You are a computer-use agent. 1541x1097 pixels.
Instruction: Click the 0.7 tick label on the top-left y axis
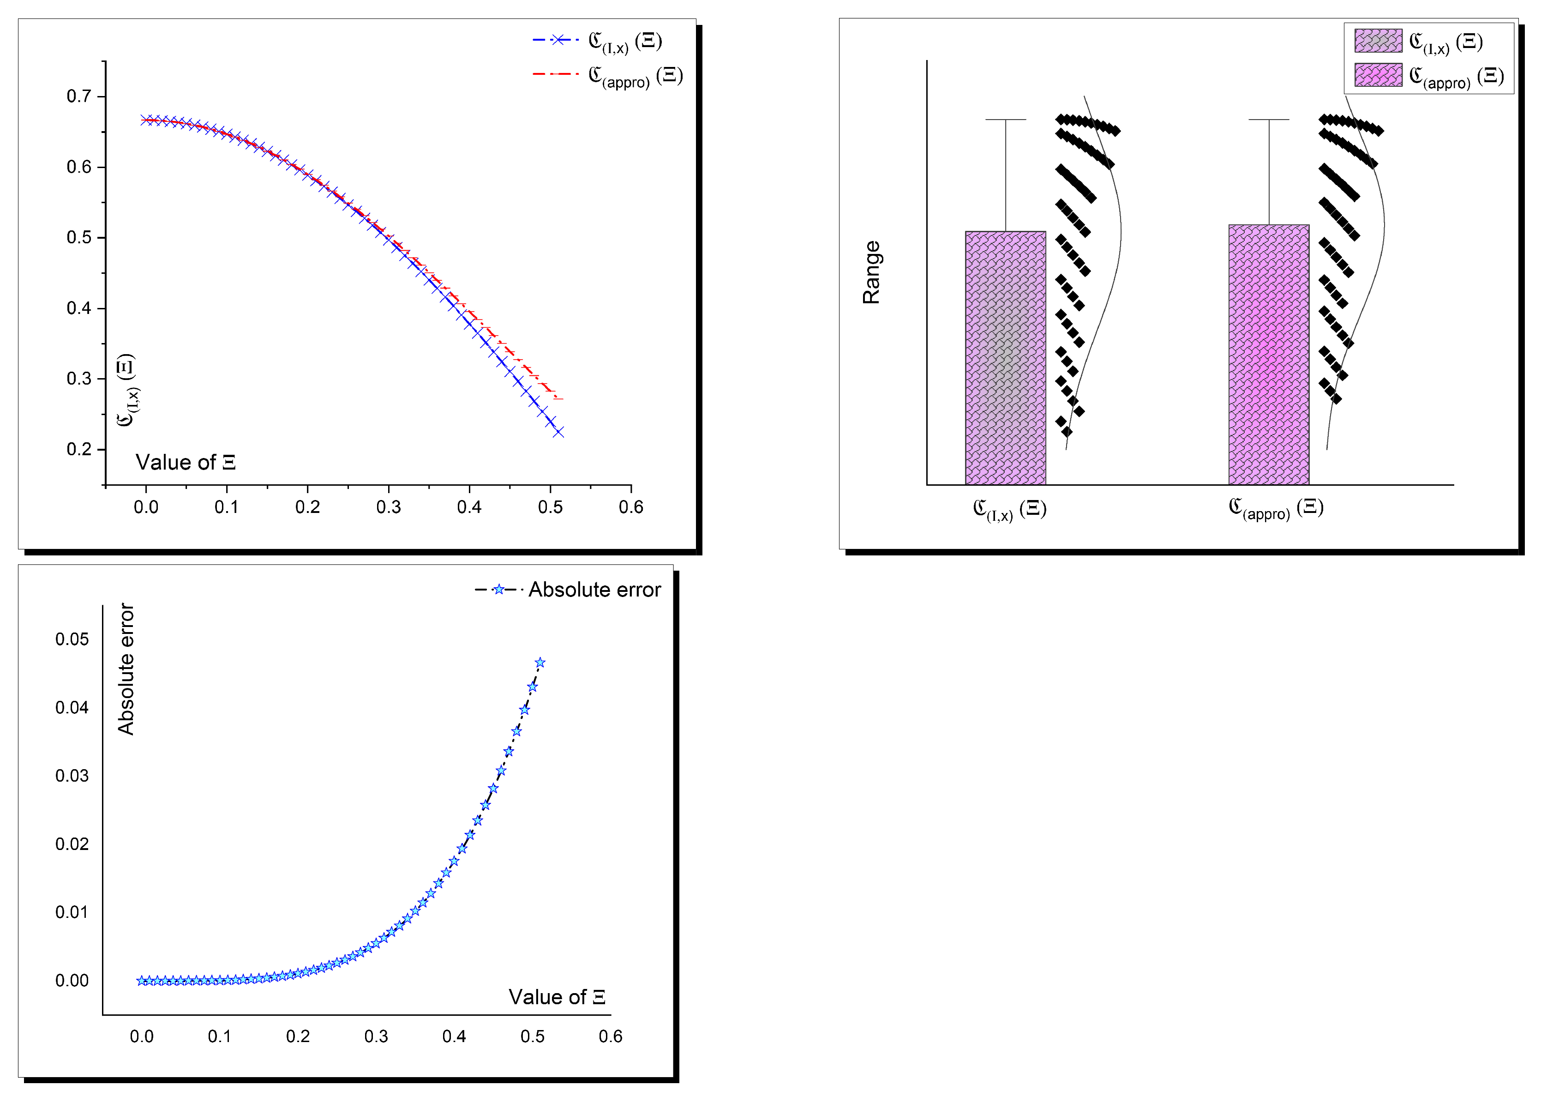(x=78, y=96)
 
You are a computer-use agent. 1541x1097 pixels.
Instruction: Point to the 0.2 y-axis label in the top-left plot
(x=78, y=449)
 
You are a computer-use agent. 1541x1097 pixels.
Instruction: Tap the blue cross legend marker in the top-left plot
(x=558, y=40)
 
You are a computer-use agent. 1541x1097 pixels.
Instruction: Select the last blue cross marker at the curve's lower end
(x=558, y=432)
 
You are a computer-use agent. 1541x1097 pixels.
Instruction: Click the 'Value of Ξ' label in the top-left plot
(x=185, y=463)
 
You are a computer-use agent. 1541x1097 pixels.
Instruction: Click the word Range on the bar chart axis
(x=871, y=272)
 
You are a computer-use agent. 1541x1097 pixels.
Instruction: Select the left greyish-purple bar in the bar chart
(x=1005, y=358)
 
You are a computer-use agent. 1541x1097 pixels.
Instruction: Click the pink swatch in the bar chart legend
(x=1378, y=75)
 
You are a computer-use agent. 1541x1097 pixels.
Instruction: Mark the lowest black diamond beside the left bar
(x=1066, y=432)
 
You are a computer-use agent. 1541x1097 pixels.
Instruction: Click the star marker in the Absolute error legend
(x=498, y=590)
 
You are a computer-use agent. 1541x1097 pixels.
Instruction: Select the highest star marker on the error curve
(x=540, y=663)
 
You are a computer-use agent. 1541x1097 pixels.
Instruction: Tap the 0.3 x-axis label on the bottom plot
(x=376, y=1036)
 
